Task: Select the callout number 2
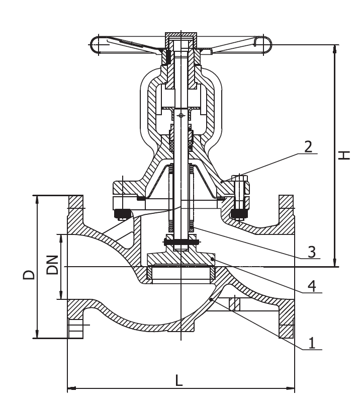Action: pyautogui.click(x=308, y=147)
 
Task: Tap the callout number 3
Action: pyautogui.click(x=311, y=252)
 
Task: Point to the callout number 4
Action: pyautogui.click(x=312, y=286)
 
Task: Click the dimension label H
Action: pyautogui.click(x=344, y=155)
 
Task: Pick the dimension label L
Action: pyautogui.click(x=179, y=380)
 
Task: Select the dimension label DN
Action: pyautogui.click(x=52, y=265)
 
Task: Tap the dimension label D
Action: pyautogui.click(x=29, y=275)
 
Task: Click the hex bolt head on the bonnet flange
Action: pyautogui.click(x=239, y=179)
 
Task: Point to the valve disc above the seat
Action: pyautogui.click(x=181, y=259)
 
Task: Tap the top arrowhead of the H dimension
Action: pyautogui.click(x=334, y=49)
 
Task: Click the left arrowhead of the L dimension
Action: pyautogui.click(x=72, y=388)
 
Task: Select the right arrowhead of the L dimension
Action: pyautogui.click(x=290, y=388)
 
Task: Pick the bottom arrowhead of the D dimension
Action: pyautogui.click(x=37, y=334)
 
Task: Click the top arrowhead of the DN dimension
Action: pyautogui.click(x=61, y=238)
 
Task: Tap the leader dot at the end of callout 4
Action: pyautogui.click(x=212, y=260)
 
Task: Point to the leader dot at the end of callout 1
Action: pyautogui.click(x=210, y=299)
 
